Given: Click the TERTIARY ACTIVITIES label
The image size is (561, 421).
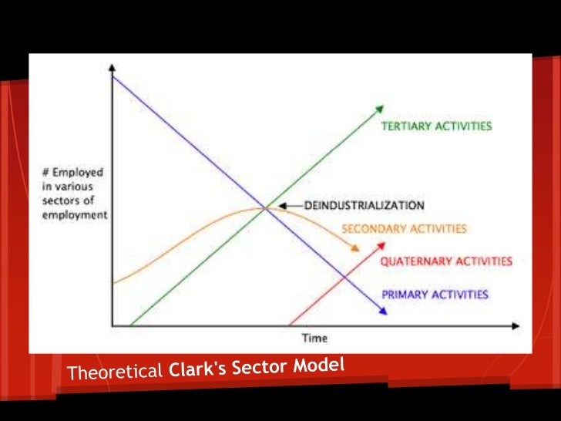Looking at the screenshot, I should [436, 126].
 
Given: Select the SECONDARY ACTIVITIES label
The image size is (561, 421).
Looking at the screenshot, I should [404, 229].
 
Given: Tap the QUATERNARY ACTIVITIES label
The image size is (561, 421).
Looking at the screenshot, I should [446, 261].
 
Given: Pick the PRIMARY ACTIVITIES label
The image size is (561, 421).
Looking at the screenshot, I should [435, 294].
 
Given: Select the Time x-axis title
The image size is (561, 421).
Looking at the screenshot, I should [314, 338].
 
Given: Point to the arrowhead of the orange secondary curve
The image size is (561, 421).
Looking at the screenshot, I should [355, 248].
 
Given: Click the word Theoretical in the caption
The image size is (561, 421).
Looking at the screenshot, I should [114, 373].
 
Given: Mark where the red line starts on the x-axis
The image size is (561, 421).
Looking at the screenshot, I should [288, 324].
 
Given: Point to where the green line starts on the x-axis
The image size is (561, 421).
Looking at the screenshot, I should [129, 324].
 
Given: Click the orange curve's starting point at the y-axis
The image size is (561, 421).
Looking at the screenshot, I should [113, 283].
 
